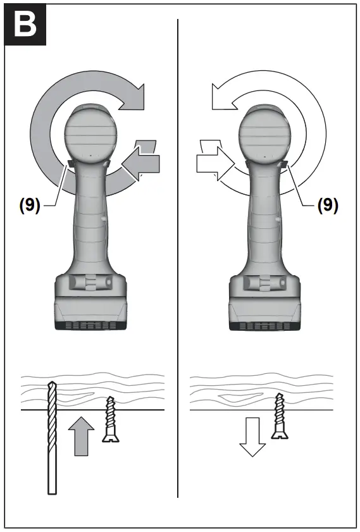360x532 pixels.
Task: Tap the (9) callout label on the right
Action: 326,205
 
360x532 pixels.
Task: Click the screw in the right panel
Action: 279,416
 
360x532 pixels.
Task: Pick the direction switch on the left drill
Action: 68,164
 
